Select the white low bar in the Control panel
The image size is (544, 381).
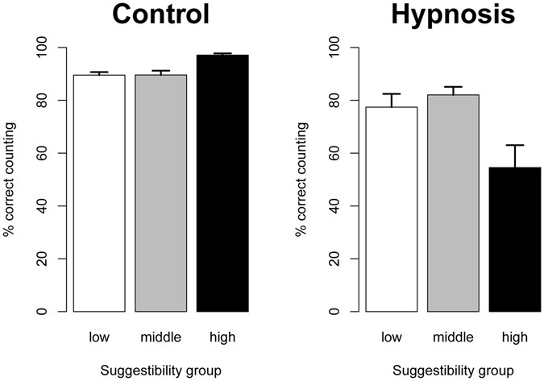[99, 193]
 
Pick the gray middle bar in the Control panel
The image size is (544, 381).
[160, 193]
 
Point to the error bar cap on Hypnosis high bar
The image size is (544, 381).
[515, 145]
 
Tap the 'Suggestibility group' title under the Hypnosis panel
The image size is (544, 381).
[453, 371]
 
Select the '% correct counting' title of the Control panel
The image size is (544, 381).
[10, 179]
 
